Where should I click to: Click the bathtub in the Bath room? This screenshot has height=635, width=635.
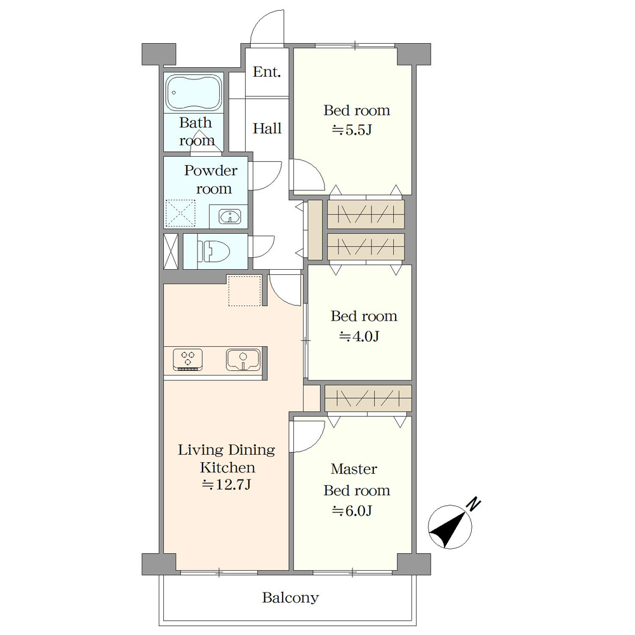click(x=194, y=93)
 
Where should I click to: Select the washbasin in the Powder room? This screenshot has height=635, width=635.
click(x=230, y=217)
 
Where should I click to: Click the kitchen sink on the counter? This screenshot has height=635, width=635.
click(x=243, y=359)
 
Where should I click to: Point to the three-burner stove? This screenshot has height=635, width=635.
click(x=187, y=359)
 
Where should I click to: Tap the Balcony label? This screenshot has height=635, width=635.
click(x=290, y=598)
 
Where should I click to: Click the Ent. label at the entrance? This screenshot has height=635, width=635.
click(x=267, y=72)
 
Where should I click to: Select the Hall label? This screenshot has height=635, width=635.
click(x=267, y=128)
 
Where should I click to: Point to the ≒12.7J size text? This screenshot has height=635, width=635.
click(x=227, y=485)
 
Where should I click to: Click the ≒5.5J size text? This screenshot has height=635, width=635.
click(x=352, y=130)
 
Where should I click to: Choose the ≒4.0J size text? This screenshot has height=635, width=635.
click(x=359, y=336)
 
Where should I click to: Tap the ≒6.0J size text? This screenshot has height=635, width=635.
click(x=352, y=511)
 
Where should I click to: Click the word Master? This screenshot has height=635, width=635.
click(x=354, y=469)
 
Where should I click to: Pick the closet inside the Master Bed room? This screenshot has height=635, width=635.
click(x=368, y=399)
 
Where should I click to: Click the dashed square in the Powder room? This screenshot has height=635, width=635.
click(x=180, y=213)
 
